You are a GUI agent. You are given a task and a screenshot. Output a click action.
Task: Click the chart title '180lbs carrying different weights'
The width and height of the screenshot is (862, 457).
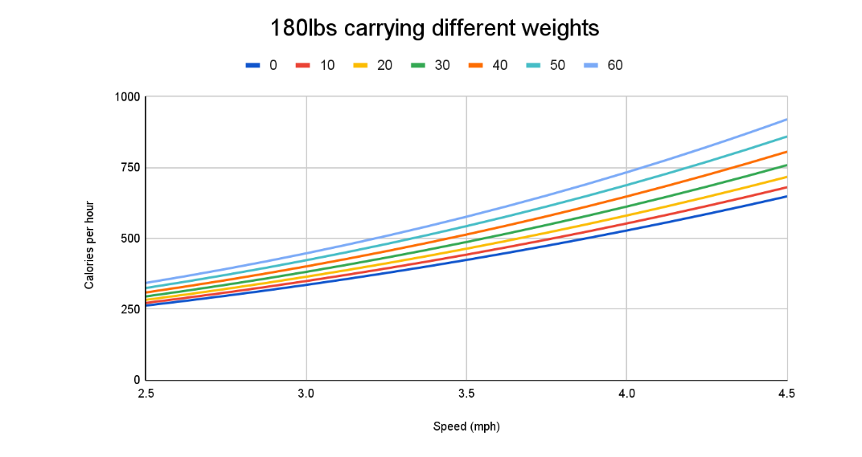coord(434,29)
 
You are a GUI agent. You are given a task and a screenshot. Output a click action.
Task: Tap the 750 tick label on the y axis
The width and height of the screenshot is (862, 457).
coord(131,168)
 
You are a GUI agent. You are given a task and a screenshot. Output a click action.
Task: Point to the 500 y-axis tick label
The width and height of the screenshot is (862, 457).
coord(131,239)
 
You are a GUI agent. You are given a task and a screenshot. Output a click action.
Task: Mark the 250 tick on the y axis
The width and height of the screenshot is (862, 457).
coord(131,309)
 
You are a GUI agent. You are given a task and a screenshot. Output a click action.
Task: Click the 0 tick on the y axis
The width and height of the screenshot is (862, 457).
coord(137,380)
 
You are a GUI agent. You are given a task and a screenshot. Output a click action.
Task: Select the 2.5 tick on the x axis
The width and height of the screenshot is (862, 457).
coord(146,394)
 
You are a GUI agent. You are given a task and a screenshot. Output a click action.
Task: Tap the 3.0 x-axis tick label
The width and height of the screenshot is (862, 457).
coord(306,394)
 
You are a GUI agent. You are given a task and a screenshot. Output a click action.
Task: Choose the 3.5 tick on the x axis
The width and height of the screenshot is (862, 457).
coord(466,394)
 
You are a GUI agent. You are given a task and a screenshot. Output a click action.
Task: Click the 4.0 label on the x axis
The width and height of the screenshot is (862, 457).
coord(626,394)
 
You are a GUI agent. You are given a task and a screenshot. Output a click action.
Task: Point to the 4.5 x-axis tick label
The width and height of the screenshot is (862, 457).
coord(786,394)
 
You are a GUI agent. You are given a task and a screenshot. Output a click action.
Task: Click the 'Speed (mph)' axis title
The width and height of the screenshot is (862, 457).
coord(466,426)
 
